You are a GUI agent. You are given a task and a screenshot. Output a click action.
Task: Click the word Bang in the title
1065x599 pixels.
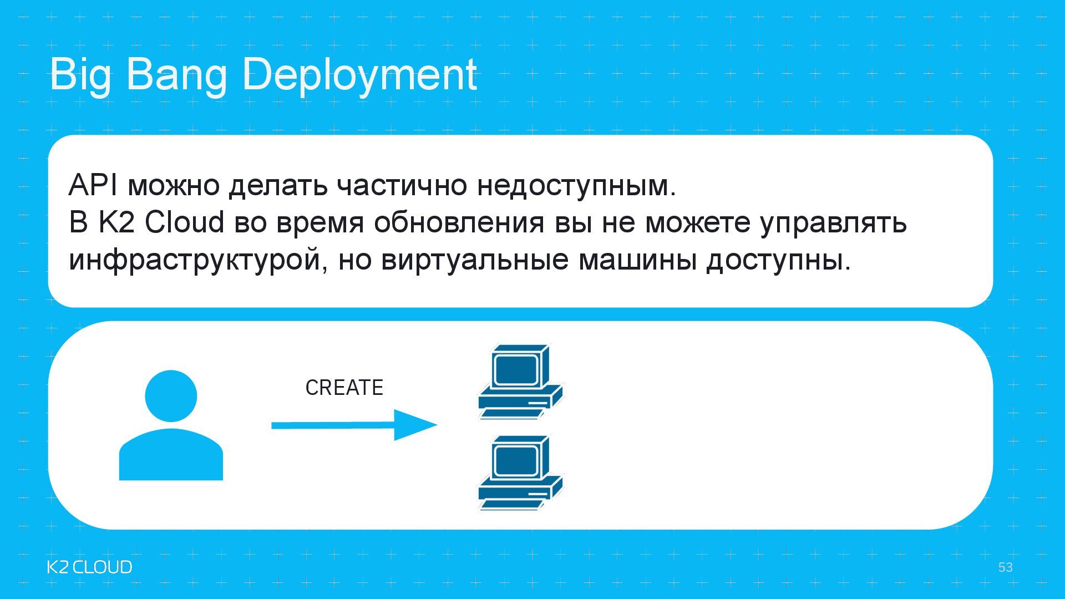(x=176, y=75)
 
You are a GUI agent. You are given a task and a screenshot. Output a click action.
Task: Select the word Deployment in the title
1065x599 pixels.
(x=359, y=75)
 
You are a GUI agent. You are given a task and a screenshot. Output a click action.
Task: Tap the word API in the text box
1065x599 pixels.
(x=93, y=185)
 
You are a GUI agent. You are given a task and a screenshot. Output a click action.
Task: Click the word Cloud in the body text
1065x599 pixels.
(x=184, y=222)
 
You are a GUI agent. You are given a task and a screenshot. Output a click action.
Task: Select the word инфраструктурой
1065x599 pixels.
(x=195, y=260)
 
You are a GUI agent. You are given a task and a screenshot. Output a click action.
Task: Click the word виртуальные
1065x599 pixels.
(x=475, y=260)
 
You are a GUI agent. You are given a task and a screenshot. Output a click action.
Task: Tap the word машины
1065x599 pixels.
(x=637, y=260)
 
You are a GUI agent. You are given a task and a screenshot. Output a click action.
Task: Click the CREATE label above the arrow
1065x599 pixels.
(x=344, y=388)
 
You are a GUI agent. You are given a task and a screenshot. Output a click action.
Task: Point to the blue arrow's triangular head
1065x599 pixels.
(x=413, y=425)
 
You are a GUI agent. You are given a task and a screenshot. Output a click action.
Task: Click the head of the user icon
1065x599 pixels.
(x=171, y=396)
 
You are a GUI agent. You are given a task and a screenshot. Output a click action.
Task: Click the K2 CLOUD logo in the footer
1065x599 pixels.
(x=89, y=567)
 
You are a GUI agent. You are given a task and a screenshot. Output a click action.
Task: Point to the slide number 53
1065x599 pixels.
(x=1005, y=567)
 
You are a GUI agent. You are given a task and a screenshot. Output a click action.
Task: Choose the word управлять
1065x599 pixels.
(x=833, y=222)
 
